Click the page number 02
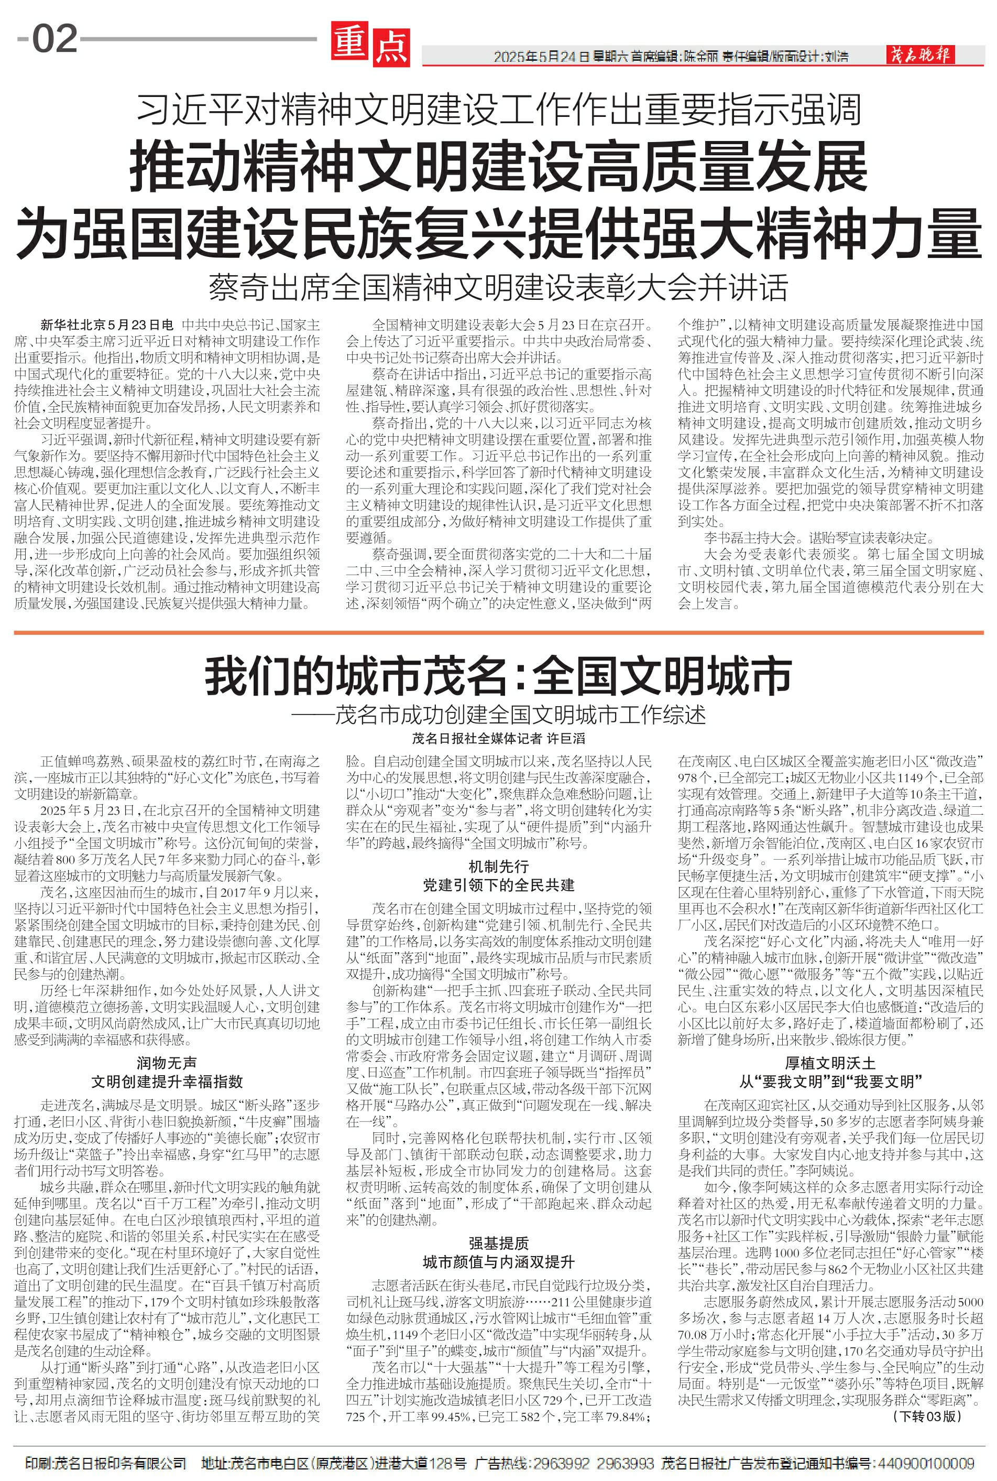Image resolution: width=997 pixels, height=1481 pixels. pyautogui.click(x=54, y=39)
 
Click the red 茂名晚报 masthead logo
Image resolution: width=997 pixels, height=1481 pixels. pyautogui.click(x=920, y=56)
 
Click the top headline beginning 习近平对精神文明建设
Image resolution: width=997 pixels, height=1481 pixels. pyautogui.click(x=499, y=110)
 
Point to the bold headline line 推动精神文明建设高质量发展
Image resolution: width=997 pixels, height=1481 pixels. pyautogui.click(x=499, y=167)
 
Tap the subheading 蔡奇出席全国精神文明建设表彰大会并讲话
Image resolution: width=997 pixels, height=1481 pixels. pyautogui.click(x=499, y=287)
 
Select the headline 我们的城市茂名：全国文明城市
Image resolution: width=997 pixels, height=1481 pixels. pyautogui.click(x=499, y=677)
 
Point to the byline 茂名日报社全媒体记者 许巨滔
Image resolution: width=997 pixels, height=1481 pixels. pyautogui.click(x=499, y=739)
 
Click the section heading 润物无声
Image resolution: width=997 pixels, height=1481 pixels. pyautogui.click(x=167, y=1063)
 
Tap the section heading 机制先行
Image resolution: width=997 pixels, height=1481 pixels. pyautogui.click(x=499, y=867)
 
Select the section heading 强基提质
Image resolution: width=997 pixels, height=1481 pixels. pyautogui.click(x=499, y=1244)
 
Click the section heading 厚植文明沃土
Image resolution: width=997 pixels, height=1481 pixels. pyautogui.click(x=830, y=1063)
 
